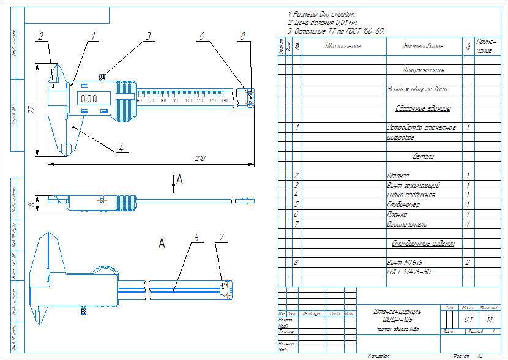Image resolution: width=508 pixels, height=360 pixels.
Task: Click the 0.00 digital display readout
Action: point(89,98)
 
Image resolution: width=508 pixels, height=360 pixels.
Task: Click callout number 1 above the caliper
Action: point(94,36)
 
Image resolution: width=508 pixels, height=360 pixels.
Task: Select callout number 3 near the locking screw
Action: point(148,36)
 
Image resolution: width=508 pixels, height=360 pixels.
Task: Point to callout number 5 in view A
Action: point(196,238)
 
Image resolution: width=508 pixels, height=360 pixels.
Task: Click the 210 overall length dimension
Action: point(200,159)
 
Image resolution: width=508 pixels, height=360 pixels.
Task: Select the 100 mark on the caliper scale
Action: point(189,100)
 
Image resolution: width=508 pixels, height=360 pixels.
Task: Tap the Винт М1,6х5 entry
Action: point(407,262)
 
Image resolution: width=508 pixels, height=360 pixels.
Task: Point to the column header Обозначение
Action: point(343,46)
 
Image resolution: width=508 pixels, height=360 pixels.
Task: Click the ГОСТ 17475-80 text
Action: point(409,271)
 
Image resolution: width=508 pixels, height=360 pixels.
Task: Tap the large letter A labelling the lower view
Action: point(162,244)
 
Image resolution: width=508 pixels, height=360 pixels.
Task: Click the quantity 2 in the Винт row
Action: point(468,262)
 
